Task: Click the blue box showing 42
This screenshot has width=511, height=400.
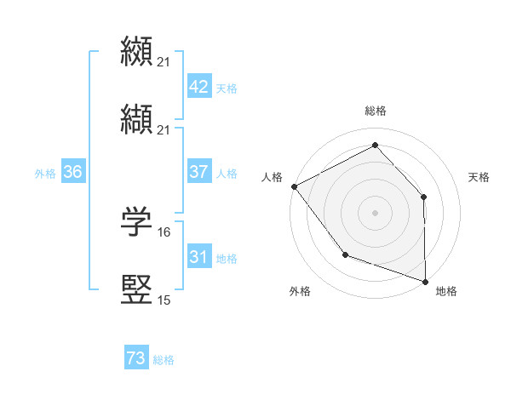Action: [198, 87]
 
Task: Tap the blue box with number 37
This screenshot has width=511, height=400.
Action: [198, 172]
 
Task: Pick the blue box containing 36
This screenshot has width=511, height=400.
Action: [72, 172]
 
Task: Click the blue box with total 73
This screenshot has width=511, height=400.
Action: [135, 359]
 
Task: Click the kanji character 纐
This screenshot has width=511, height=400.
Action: [137, 51]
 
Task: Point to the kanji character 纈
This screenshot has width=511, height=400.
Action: [137, 119]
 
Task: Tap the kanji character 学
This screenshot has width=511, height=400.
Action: [137, 222]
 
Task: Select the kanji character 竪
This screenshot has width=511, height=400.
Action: [137, 289]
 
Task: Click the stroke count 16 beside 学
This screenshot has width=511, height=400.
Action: [164, 231]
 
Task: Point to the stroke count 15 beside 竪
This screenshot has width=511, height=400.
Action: [164, 300]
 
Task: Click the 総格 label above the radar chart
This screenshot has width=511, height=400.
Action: [376, 111]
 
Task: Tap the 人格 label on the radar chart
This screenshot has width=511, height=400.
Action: [273, 177]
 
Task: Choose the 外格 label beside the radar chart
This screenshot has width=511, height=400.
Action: [300, 291]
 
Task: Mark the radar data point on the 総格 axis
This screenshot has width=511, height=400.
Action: [375, 145]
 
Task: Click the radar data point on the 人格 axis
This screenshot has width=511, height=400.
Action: [294, 186]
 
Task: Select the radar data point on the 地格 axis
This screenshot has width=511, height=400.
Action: [426, 281]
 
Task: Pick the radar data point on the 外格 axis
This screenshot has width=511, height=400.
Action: [345, 254]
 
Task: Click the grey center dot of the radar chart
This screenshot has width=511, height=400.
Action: [375, 212]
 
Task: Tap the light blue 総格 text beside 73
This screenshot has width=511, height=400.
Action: [164, 360]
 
